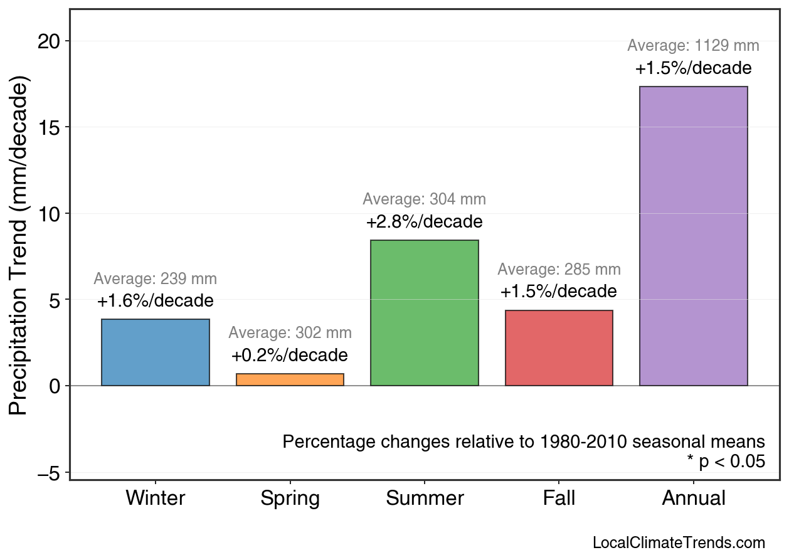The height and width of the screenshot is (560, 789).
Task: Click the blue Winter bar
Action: click(x=155, y=352)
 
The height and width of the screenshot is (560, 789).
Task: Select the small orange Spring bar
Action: click(x=290, y=379)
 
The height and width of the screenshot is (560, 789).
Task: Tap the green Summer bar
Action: click(x=425, y=313)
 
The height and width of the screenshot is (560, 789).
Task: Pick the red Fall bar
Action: click(x=559, y=348)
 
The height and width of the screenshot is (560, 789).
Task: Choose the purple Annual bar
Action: click(x=694, y=236)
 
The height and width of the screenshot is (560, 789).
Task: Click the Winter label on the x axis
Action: click(x=155, y=499)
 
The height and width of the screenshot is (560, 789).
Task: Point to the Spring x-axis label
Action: click(x=290, y=499)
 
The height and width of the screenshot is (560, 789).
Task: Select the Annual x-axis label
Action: click(x=694, y=499)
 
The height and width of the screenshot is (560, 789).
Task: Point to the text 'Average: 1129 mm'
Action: click(x=693, y=46)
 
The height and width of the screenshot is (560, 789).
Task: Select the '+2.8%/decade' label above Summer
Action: click(x=425, y=222)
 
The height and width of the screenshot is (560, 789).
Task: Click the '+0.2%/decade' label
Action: click(x=289, y=356)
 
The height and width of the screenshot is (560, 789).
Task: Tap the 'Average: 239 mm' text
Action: click(x=155, y=279)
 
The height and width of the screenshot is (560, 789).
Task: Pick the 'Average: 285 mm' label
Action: click(x=559, y=270)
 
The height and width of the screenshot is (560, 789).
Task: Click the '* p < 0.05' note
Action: click(x=726, y=462)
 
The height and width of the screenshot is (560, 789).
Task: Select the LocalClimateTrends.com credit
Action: click(x=679, y=543)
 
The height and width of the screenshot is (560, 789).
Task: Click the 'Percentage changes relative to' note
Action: click(x=524, y=441)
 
